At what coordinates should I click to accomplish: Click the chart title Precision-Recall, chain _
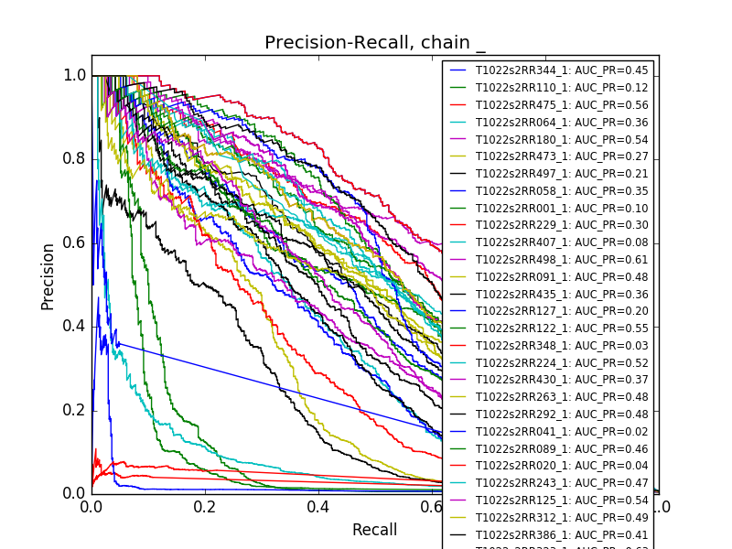tap(375, 43)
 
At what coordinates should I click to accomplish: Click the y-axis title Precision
tap(48, 276)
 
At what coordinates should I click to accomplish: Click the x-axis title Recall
tap(374, 530)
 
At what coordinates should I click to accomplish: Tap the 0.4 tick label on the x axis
tap(318, 507)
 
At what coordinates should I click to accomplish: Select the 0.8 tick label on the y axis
tap(75, 158)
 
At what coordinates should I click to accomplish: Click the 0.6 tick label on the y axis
tap(75, 242)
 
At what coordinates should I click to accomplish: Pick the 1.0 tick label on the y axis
tap(75, 75)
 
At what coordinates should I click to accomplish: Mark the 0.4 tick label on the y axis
tap(75, 326)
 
